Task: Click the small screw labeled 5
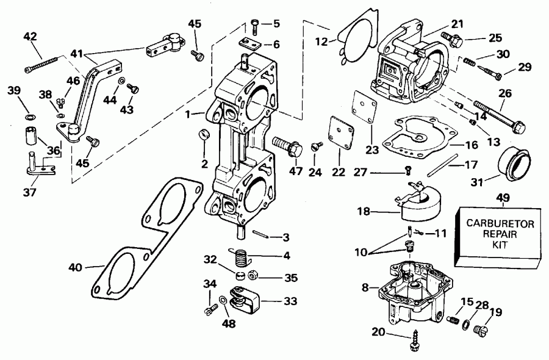(x=256, y=24)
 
